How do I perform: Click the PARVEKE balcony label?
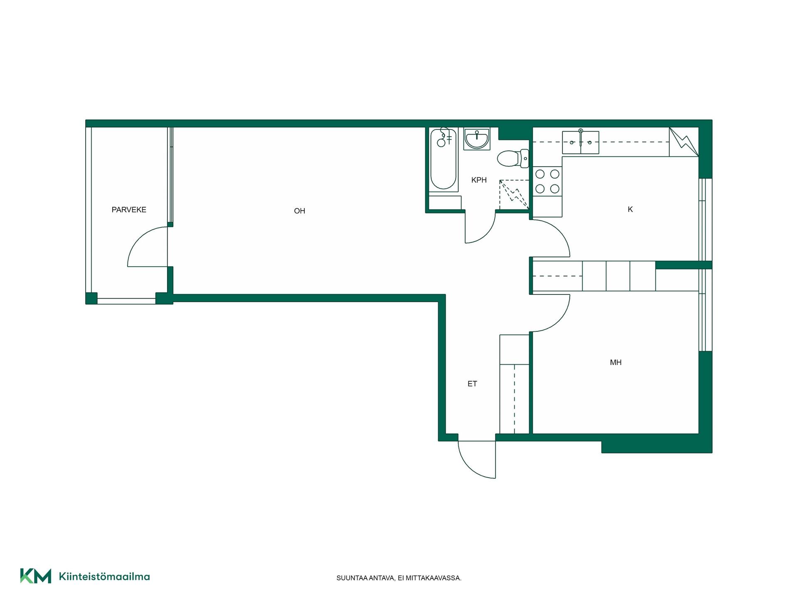(129, 210)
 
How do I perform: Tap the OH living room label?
(300, 211)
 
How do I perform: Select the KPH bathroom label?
(479, 180)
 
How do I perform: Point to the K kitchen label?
(630, 209)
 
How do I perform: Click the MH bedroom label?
(616, 363)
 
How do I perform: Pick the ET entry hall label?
(472, 384)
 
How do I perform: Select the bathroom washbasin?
(477, 139)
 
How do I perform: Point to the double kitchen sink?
(581, 142)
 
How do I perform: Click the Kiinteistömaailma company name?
(104, 576)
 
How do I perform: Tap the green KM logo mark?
(36, 576)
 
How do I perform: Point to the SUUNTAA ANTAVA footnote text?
(399, 578)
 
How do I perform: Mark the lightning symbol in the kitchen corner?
(684, 142)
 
